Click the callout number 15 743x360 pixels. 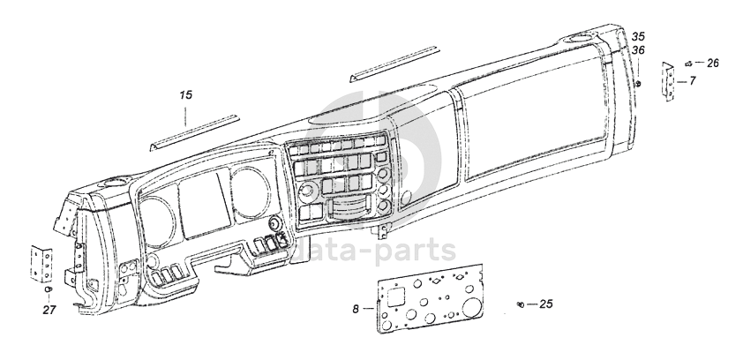click(185, 94)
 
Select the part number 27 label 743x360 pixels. click(49, 309)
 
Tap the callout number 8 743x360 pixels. click(356, 310)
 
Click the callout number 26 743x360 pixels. click(713, 63)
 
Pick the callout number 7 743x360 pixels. click(693, 80)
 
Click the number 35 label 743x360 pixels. click(638, 36)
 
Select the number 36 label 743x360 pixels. click(638, 50)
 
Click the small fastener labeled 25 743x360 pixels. click(521, 304)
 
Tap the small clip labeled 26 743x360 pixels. click(687, 64)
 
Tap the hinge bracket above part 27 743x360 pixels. click(41, 263)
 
